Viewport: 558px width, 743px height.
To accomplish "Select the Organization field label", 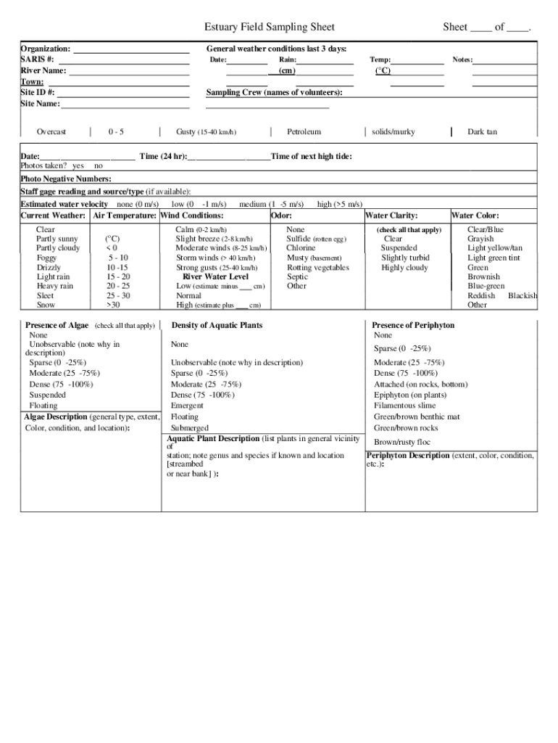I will coord(46,49).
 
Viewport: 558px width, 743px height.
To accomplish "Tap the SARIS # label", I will coord(37,59).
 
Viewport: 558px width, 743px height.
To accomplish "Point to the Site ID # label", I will coord(38,93).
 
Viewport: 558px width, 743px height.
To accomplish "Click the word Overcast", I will coord(51,132).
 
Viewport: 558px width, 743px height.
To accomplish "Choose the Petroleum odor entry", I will coord(304,132).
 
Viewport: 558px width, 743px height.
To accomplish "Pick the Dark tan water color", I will coord(482,132).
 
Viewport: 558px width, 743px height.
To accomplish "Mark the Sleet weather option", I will coord(45,296).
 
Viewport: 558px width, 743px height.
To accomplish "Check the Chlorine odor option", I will coord(301,248).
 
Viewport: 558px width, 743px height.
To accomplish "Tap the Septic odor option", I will coord(297,276).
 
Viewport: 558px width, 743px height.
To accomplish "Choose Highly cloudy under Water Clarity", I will coord(404,268).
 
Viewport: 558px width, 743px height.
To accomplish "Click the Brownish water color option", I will coord(483,277).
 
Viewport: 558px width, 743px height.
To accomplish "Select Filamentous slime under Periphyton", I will coord(405,406).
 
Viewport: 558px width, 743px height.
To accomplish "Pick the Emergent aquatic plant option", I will coord(187,406).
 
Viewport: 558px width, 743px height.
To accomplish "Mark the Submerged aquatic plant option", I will coord(189,428).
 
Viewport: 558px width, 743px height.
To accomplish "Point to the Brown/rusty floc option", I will coord(402,442).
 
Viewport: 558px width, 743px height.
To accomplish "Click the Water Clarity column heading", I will coord(392,215).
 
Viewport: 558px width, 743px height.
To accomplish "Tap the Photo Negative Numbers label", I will coord(66,179).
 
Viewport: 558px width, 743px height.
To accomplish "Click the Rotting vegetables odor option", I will coord(317,268).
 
